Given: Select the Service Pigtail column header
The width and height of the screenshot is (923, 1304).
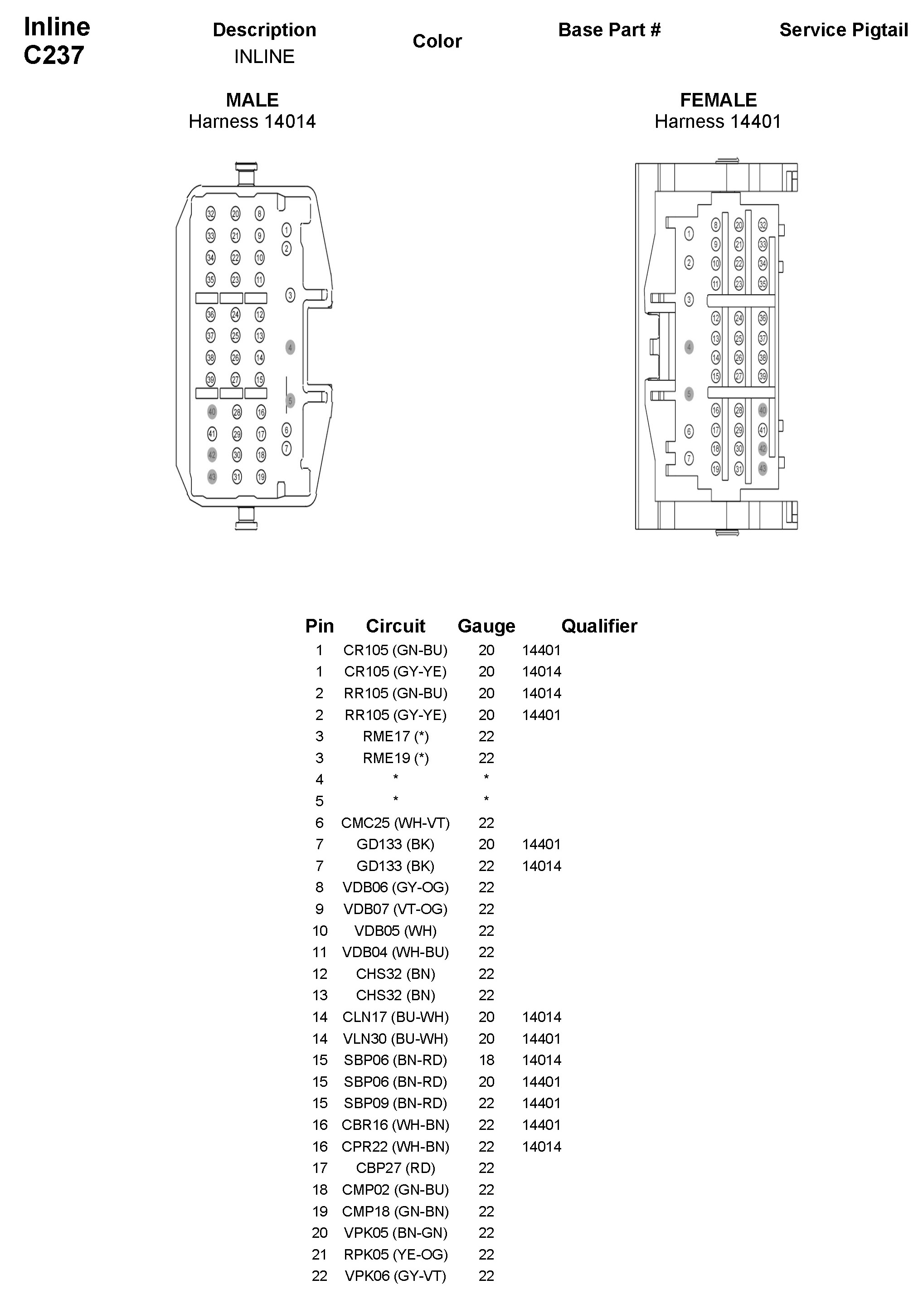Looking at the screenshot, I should click(x=843, y=30).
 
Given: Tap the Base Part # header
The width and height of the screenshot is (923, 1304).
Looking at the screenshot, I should click(x=609, y=30).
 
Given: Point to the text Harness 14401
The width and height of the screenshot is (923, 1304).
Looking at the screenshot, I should click(x=718, y=122).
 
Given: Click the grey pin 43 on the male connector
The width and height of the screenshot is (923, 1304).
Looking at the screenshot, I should click(x=212, y=477).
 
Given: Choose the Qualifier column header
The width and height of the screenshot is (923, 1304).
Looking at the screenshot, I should click(x=599, y=626).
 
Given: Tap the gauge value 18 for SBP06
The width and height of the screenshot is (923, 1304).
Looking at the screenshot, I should click(x=486, y=1060).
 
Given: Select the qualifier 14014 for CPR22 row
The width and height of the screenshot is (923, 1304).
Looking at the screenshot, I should click(x=542, y=1147).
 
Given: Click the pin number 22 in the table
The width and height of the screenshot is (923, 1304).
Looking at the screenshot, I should click(x=320, y=1276).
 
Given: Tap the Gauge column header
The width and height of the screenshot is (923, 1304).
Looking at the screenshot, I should click(x=486, y=626).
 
